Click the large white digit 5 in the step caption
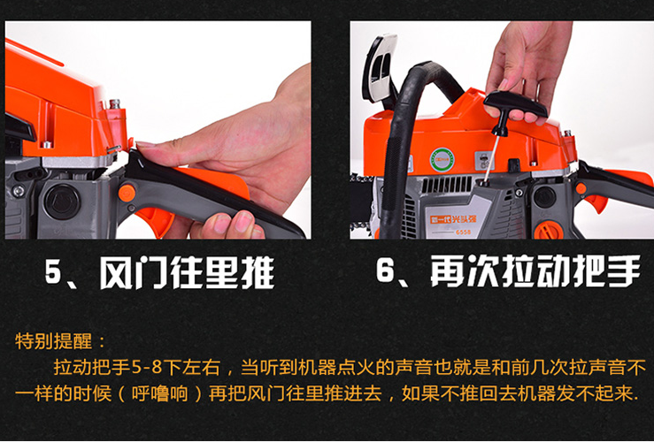(53, 272)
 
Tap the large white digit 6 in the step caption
(385, 270)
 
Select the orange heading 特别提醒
(53, 341)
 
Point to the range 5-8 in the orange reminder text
(146, 368)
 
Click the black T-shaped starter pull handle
(515, 109)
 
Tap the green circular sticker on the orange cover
(442, 159)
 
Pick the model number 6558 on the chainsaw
(464, 232)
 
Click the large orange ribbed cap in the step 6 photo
(549, 230)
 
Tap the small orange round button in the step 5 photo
(127, 193)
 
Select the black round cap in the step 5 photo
(62, 202)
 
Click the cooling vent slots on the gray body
(447, 184)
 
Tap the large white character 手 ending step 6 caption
(625, 271)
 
